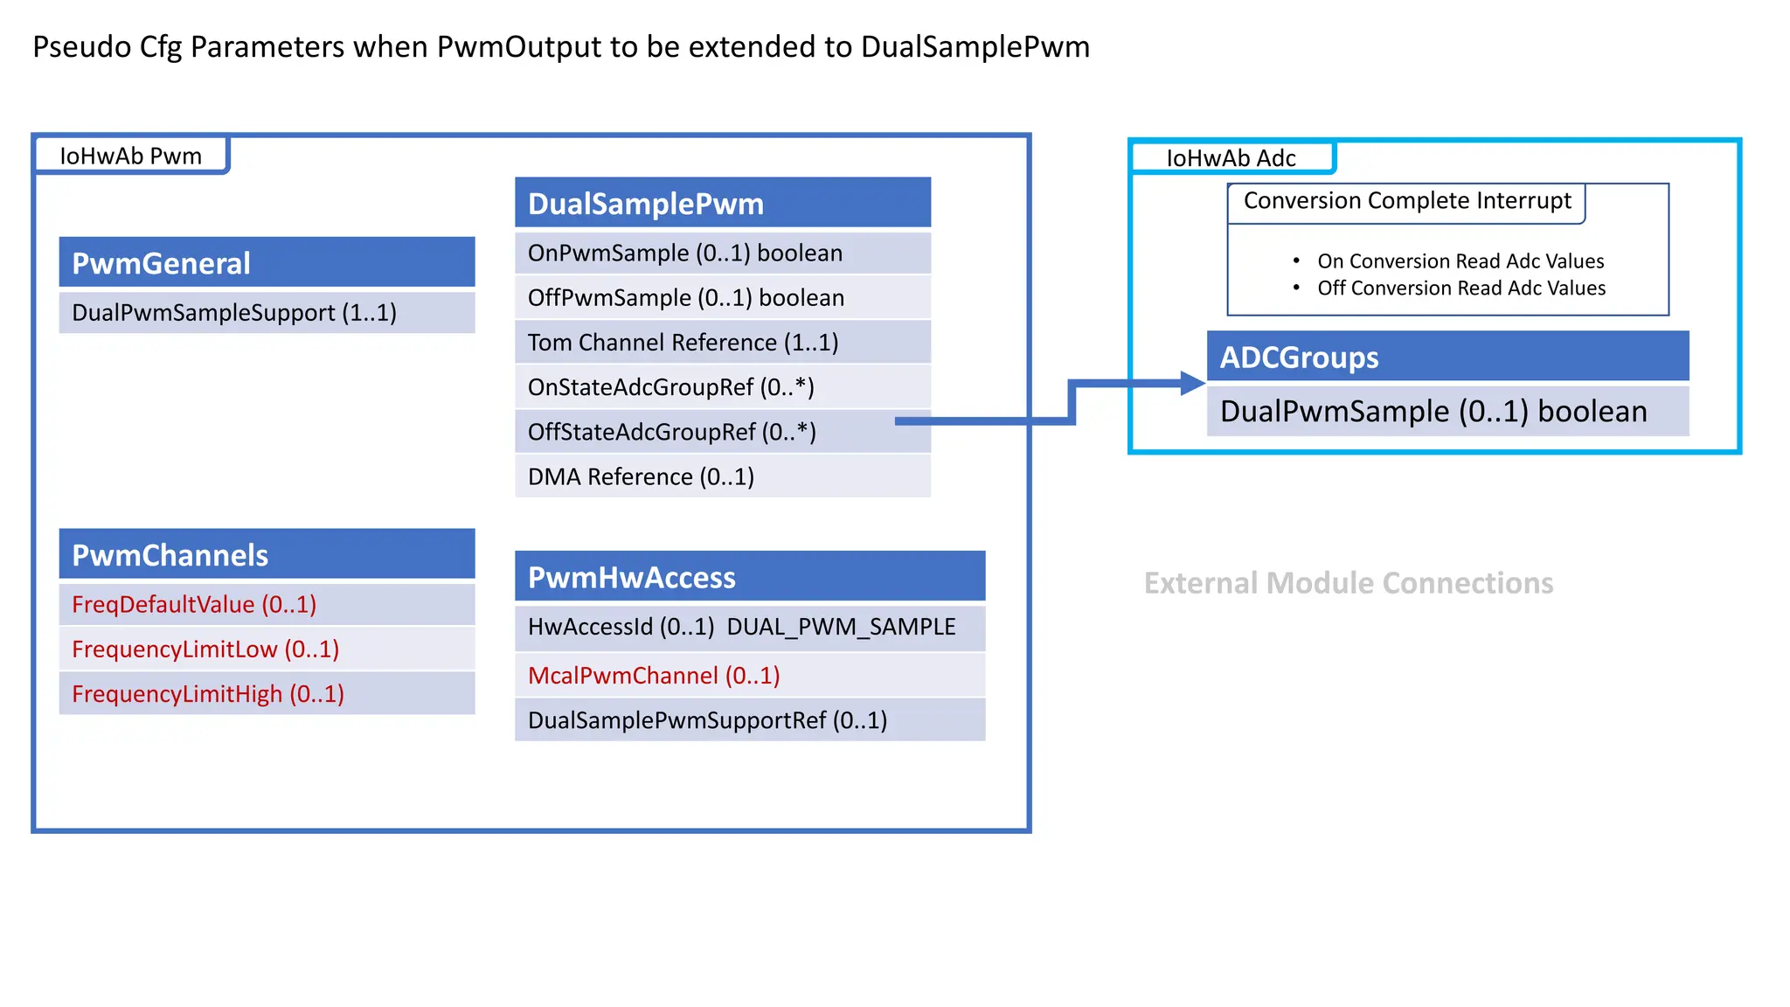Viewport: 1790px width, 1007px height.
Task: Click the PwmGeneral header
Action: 267,262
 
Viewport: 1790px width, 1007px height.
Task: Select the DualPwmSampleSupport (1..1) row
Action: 267,312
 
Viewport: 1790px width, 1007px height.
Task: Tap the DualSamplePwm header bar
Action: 722,203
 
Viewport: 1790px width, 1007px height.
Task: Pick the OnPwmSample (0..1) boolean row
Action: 722,253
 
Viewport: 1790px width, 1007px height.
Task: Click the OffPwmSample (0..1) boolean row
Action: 722,297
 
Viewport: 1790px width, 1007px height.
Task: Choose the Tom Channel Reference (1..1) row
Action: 722,342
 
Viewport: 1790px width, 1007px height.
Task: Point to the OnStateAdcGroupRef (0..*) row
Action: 722,386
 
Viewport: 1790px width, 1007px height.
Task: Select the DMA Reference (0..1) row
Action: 722,476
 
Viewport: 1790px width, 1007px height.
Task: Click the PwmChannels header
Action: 267,554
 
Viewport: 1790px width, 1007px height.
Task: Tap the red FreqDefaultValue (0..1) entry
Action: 194,604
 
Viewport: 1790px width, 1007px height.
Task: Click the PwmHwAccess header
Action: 749,577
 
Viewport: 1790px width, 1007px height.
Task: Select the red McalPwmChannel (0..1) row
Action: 654,675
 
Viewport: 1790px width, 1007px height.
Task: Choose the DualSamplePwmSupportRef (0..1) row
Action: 749,719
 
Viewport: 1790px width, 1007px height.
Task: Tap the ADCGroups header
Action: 1447,357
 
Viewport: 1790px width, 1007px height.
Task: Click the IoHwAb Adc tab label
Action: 1231,158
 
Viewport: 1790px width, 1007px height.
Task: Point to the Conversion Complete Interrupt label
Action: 1406,201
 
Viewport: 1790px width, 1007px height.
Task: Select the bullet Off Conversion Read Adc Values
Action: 1460,288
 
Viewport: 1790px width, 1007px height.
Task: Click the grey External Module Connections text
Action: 1348,583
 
